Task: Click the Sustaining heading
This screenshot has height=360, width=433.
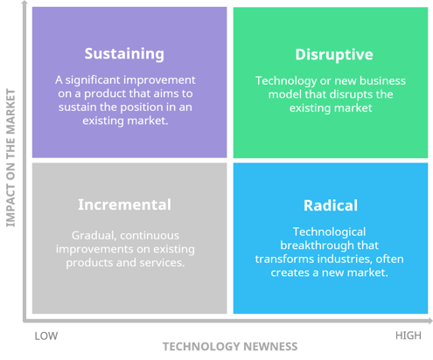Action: click(x=123, y=53)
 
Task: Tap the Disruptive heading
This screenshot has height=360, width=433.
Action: click(x=334, y=55)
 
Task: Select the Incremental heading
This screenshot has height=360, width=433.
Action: click(x=124, y=205)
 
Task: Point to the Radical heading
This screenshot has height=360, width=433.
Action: click(x=330, y=206)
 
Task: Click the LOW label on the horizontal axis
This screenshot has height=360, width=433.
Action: click(x=45, y=335)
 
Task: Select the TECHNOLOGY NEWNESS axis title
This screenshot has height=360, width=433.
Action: click(x=229, y=347)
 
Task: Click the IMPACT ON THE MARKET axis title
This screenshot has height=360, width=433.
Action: click(x=11, y=157)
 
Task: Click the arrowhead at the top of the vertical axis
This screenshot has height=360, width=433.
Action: click(x=26, y=5)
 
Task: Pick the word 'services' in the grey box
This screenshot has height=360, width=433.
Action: click(x=162, y=262)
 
